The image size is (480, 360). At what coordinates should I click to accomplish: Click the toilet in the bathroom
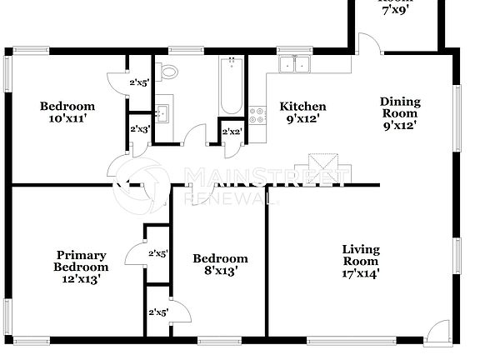point(169,71)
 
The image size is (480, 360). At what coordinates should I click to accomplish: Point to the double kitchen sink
point(294,64)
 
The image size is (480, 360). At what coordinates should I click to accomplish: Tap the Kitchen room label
point(302,107)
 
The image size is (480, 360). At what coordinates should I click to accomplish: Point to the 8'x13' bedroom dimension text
point(221,271)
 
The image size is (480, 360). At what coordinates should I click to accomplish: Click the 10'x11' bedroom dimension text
point(68,118)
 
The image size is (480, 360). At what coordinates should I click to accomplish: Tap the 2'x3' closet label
point(139,129)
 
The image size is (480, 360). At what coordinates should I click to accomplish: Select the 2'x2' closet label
point(231,132)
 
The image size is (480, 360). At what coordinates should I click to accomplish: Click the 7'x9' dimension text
point(397,11)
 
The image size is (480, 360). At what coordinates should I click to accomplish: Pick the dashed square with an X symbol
point(322,163)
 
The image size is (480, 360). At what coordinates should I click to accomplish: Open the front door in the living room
point(434,334)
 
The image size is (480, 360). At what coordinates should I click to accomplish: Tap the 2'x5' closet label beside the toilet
point(138,82)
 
